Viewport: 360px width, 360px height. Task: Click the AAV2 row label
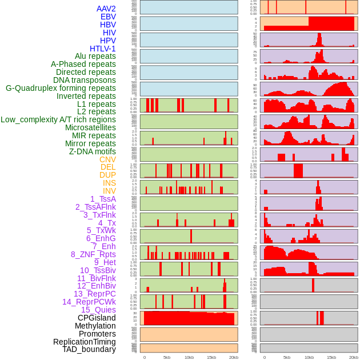(x=106, y=9)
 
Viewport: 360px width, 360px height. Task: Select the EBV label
(x=108, y=17)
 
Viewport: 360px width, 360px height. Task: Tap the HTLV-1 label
(x=102, y=49)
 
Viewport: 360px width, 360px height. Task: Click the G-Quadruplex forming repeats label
(x=61, y=88)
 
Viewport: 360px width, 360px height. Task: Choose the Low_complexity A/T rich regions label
(x=58, y=119)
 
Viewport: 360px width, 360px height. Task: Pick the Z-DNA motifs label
(x=92, y=151)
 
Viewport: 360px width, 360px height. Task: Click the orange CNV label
(x=107, y=159)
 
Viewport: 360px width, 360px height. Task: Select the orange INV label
(x=109, y=191)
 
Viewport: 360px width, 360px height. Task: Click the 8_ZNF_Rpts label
(x=93, y=254)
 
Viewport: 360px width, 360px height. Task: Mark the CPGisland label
(x=97, y=318)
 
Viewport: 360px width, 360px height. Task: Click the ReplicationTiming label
(x=84, y=342)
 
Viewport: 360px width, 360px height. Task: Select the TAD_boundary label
(x=89, y=349)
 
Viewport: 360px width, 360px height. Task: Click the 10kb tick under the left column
(x=189, y=357)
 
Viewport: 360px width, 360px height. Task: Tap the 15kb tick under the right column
(x=331, y=357)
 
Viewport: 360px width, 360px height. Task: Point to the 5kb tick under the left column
(x=166, y=357)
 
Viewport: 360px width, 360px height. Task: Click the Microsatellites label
(x=90, y=127)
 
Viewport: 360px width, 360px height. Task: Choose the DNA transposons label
(x=84, y=80)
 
